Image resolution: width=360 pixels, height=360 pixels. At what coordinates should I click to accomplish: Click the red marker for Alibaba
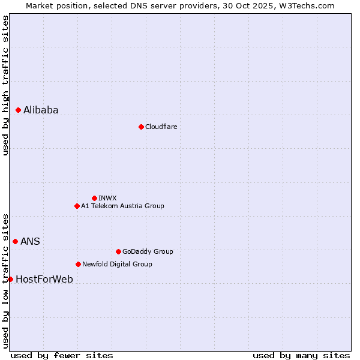click(19, 110)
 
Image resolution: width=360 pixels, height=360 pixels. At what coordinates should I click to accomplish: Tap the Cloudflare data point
click(141, 127)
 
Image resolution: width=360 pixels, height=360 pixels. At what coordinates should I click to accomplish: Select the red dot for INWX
click(94, 198)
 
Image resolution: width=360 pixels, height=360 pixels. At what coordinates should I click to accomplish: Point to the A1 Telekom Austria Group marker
click(77, 206)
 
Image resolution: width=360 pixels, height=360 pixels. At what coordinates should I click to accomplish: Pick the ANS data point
click(16, 241)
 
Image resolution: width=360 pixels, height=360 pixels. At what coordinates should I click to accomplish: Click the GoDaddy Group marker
click(118, 251)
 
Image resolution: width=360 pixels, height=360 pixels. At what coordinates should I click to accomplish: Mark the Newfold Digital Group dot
click(78, 264)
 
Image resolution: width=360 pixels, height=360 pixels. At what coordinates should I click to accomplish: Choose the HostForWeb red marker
click(10, 279)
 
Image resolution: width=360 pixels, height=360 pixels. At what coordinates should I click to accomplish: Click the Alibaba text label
click(41, 110)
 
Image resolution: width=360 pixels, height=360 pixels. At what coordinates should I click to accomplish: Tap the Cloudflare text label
click(161, 127)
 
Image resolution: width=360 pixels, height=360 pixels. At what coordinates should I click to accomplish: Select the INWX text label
click(107, 198)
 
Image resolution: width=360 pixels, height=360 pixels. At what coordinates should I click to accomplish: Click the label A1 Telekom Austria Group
click(122, 206)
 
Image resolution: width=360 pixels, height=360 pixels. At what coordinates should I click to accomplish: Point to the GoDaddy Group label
click(148, 251)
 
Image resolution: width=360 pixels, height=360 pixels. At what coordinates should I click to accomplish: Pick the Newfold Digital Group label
click(117, 264)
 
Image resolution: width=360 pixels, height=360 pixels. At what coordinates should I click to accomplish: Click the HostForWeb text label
click(44, 279)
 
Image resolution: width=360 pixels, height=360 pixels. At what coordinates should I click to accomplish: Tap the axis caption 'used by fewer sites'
click(62, 355)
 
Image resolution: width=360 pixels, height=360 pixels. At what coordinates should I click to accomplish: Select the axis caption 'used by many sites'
click(301, 355)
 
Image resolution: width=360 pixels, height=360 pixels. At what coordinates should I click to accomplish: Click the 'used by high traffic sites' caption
click(5, 85)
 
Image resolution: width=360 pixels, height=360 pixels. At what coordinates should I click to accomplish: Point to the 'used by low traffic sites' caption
click(5, 280)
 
